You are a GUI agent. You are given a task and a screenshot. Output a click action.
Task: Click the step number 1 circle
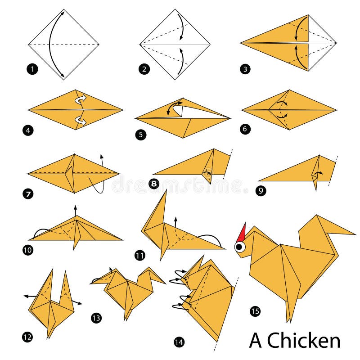[32, 69]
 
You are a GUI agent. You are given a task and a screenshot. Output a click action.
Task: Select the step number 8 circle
[153, 184]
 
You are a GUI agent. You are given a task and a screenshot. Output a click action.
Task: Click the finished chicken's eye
[239, 246]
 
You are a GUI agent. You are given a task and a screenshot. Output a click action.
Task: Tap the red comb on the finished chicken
[243, 232]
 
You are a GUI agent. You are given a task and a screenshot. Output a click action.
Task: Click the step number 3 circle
[245, 69]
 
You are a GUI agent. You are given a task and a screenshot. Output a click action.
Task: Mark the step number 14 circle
[179, 342]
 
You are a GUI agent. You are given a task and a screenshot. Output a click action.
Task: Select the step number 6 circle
[245, 129]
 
